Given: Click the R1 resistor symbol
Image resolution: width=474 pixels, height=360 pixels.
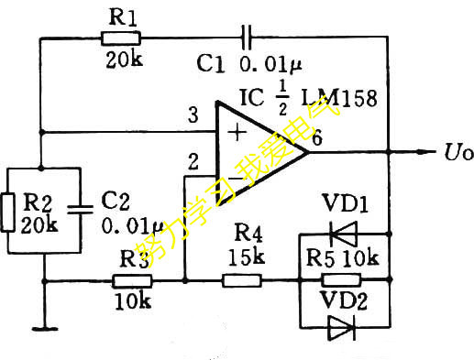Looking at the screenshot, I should [120, 38].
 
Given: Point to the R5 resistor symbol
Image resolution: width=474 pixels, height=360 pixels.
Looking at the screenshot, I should [341, 278].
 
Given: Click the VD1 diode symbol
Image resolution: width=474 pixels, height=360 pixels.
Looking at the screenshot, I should [343, 233].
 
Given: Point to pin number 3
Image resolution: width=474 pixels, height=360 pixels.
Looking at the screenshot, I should [192, 116].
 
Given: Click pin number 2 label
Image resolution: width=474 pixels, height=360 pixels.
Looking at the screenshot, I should [192, 163].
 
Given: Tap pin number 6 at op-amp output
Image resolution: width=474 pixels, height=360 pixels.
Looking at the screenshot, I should [316, 140].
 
